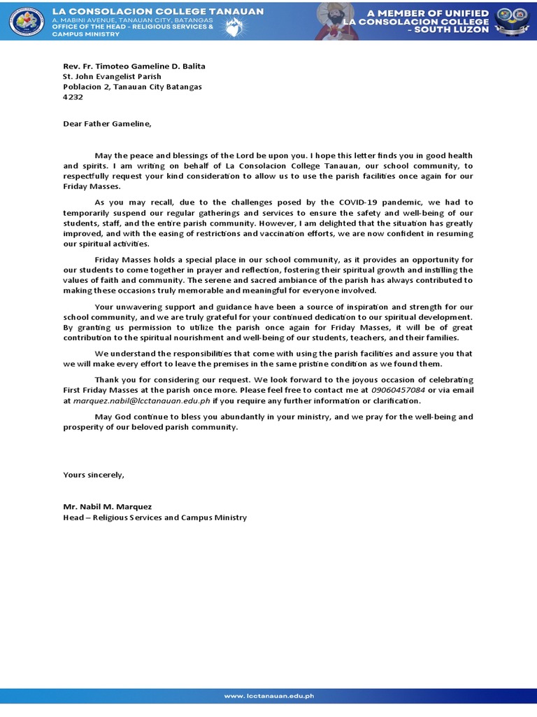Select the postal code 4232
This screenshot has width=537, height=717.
tap(73, 97)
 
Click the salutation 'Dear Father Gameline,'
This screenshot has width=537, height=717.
tap(106, 123)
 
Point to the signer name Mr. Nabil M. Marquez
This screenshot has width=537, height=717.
tap(107, 506)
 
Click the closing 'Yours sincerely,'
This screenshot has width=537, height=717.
tap(94, 475)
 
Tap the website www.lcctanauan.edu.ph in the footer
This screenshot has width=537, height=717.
tap(268, 696)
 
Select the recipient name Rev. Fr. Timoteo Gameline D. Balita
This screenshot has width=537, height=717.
tap(134, 66)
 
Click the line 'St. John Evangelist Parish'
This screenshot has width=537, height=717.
tap(112, 76)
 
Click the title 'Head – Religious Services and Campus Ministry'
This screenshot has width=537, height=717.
tap(155, 517)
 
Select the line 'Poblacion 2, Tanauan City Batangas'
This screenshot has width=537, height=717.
tap(132, 87)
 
